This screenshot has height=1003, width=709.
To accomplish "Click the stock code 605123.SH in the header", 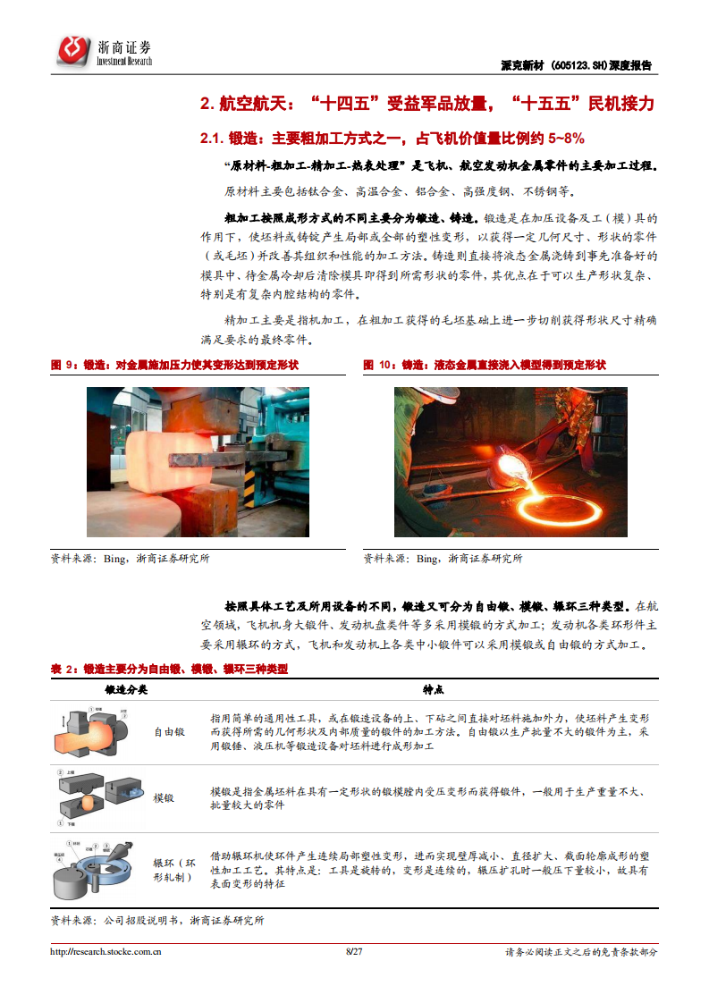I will coord(577,65).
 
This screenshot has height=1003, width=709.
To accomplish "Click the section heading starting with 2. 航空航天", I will coord(427,104).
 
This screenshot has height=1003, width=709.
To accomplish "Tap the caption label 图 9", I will coord(65,365).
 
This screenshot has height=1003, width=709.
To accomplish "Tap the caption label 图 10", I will coord(380,365).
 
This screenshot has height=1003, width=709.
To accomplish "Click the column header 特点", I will coord(433,690).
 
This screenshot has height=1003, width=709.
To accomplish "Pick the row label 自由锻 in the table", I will coord(169,731).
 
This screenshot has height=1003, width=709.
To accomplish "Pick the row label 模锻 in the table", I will coord(164,797).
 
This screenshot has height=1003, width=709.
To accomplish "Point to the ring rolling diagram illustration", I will coord(94,869).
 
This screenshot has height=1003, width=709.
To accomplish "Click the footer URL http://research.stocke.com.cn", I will coord(106,952).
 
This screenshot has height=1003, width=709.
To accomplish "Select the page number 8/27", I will coord(354,952).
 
